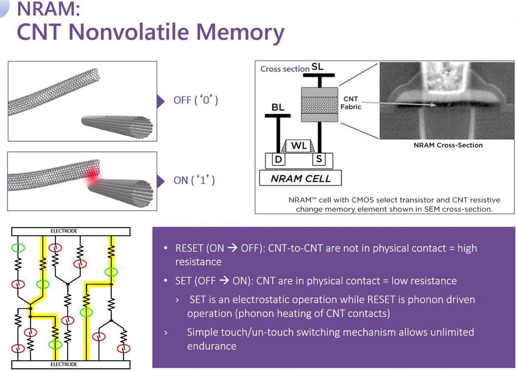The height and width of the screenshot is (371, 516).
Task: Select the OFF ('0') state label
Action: click(196, 101)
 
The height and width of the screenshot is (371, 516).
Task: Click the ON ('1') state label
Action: click(194, 179)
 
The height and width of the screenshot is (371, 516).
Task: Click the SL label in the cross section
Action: click(317, 67)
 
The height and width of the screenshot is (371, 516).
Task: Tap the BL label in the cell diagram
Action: click(278, 107)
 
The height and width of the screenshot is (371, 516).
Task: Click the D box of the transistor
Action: click(278, 159)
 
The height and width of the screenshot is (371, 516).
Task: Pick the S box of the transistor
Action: click(319, 159)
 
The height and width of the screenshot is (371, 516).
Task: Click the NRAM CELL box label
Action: click(300, 178)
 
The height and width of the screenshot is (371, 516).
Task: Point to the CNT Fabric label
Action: click(351, 103)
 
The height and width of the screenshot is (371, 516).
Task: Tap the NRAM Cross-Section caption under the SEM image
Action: click(448, 145)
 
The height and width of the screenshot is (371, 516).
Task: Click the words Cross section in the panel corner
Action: click(285, 69)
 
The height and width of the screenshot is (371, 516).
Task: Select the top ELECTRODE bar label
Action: click(64, 231)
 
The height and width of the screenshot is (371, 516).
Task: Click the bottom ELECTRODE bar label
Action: click(64, 365)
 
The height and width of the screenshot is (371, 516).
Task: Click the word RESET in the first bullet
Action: click(189, 248)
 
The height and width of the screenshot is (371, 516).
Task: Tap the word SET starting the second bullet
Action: click(184, 281)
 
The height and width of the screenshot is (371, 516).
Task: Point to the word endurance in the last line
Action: click(212, 346)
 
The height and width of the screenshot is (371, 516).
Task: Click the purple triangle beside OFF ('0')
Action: click(161, 101)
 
